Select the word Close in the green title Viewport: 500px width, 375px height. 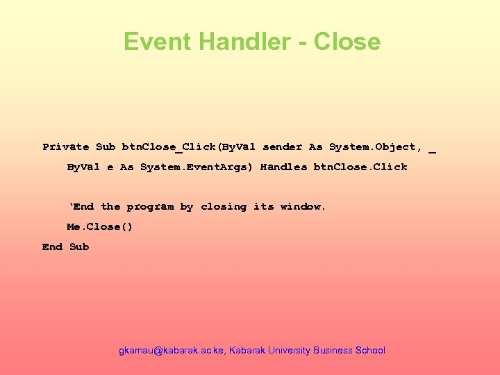click(347, 42)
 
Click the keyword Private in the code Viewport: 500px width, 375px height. click(66, 147)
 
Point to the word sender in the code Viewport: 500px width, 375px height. click(283, 147)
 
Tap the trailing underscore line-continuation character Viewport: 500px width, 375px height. click(433, 149)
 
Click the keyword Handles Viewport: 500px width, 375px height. click(283, 167)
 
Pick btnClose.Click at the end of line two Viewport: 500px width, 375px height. click(360, 167)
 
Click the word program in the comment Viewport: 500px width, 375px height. click(150, 207)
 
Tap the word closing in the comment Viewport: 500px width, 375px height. click(224, 207)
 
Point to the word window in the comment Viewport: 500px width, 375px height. click(303, 207)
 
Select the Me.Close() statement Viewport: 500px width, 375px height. click(99, 226)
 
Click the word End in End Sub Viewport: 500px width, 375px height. click(52, 247)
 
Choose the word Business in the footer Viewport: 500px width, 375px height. click(333, 351)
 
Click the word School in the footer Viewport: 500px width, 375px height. click(370, 351)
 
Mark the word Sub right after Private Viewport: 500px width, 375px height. click(106, 147)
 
